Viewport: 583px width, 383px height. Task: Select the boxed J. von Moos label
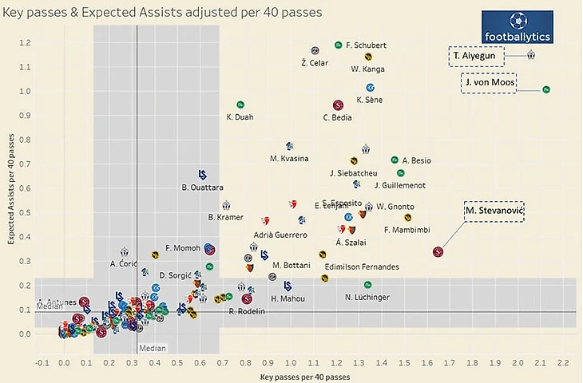pos(489,83)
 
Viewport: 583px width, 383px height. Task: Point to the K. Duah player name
pos(240,118)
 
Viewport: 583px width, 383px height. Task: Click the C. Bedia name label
pos(338,118)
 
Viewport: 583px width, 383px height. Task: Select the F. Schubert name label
pos(367,45)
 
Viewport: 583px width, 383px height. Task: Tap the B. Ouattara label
pos(202,188)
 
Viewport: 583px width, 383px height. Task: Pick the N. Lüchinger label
pos(367,297)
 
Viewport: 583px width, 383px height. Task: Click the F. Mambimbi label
pos(407,230)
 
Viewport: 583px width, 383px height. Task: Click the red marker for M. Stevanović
pos(438,252)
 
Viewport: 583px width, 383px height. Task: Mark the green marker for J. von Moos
pos(546,89)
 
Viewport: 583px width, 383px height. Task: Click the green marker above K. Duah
pos(240,105)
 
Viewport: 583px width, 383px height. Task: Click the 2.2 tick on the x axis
pos(562,363)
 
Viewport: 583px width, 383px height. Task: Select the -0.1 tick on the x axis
pos(42,363)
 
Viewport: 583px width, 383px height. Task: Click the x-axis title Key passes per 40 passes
pos(306,376)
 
